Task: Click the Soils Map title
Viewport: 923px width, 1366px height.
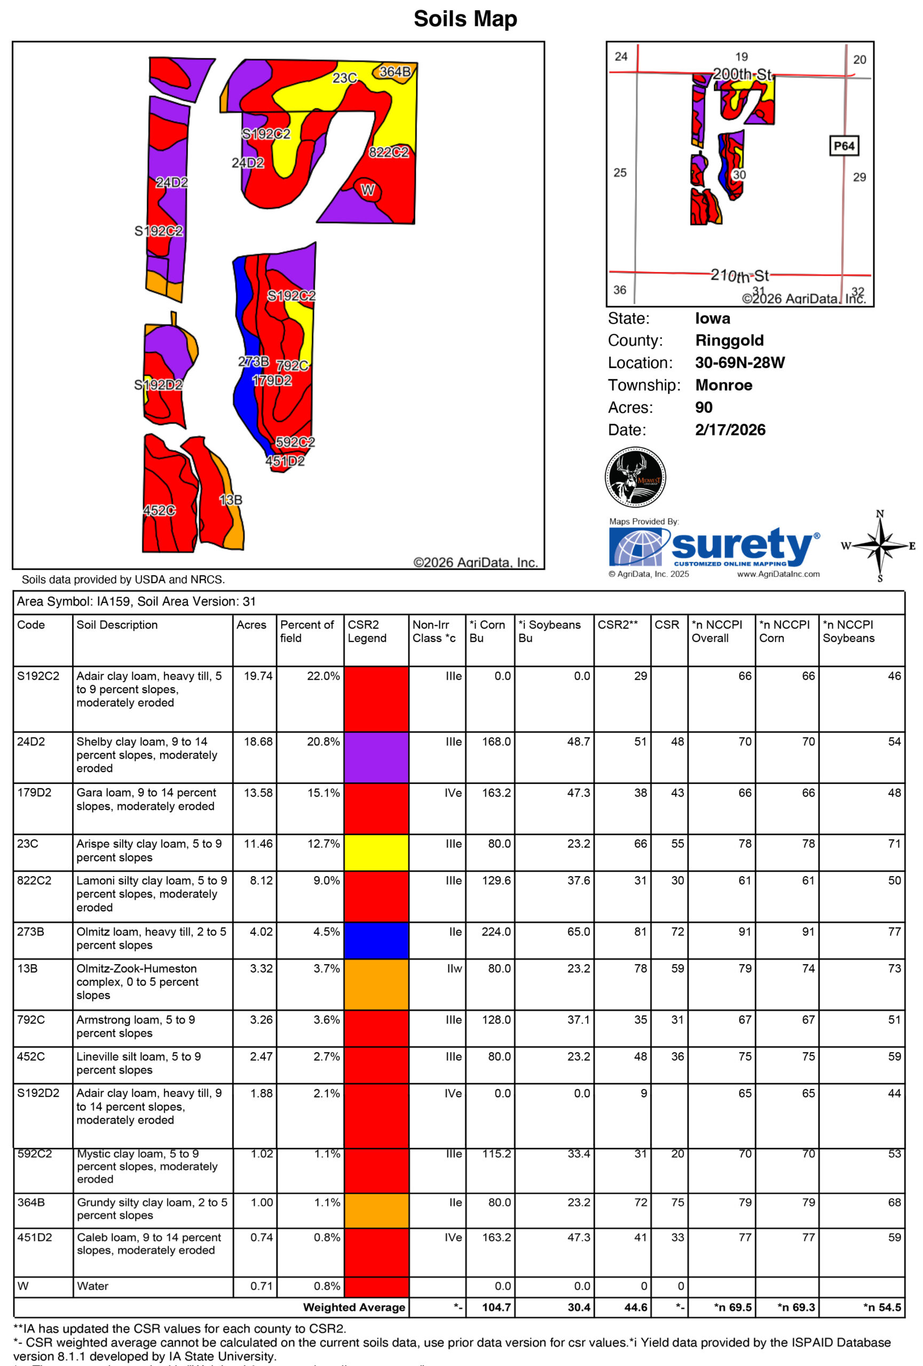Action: pos(465,19)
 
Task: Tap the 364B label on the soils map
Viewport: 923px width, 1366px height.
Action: pos(395,72)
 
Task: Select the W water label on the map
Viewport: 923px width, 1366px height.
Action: pos(367,190)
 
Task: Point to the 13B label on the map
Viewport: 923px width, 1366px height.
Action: pos(231,499)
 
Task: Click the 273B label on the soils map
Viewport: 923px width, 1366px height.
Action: pos(254,361)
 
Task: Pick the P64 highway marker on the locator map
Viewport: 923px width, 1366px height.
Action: pos(843,146)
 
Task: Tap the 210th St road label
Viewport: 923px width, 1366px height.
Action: pos(739,275)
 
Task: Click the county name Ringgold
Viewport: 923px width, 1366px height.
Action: pos(729,340)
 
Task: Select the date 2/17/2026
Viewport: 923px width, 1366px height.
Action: pos(730,430)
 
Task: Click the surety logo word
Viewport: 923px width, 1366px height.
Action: pos(743,545)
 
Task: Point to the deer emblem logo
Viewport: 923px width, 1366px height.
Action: pos(635,476)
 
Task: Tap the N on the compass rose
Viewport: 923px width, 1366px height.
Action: pos(880,514)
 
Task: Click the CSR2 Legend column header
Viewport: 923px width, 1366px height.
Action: pos(366,631)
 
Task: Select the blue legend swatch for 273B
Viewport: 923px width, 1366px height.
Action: pos(376,940)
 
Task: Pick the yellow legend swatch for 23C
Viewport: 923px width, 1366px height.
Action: pos(376,852)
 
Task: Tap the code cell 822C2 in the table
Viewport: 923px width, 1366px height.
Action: pos(34,880)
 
